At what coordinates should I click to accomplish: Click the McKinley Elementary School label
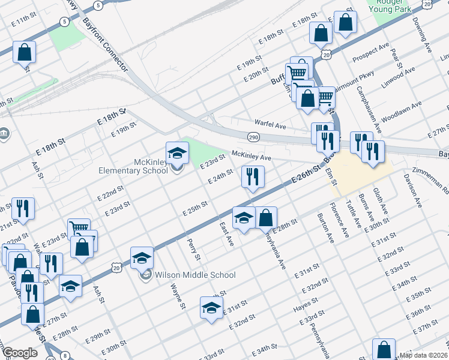133,166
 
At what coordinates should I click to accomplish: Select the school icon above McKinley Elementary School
177,154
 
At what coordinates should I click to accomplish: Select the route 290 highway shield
253,137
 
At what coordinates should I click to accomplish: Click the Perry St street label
193,248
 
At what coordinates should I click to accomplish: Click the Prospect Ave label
371,54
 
